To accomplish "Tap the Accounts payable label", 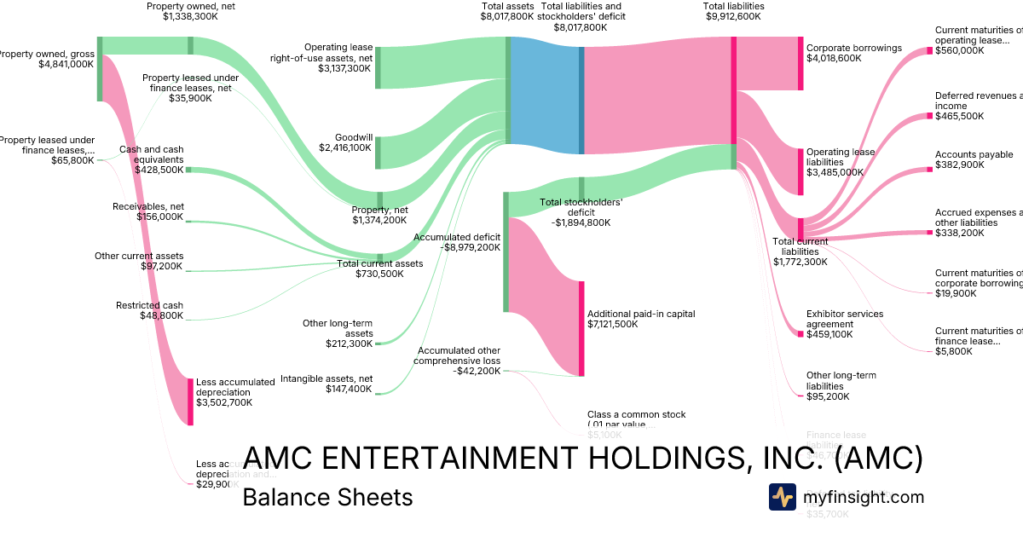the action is [974, 154].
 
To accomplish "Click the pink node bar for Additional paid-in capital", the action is [581, 328].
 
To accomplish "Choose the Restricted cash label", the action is [149, 305].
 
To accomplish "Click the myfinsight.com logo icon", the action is [782, 497].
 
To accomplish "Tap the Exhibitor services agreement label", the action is [845, 319].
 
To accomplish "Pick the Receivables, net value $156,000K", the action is [159, 217].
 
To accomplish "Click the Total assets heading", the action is [507, 5].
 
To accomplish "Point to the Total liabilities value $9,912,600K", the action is [733, 16].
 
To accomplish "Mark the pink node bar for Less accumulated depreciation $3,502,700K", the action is [190, 401].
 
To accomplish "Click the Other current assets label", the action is [139, 256].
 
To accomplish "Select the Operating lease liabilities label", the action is [841, 157].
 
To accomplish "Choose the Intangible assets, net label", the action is [327, 378].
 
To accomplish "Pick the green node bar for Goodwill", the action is [379, 153].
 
